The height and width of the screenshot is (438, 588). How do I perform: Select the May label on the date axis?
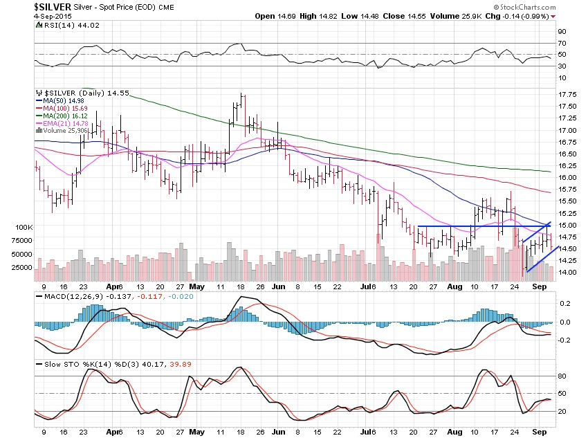(x=198, y=286)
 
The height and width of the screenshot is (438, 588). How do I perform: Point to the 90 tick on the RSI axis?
(x=562, y=32)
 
